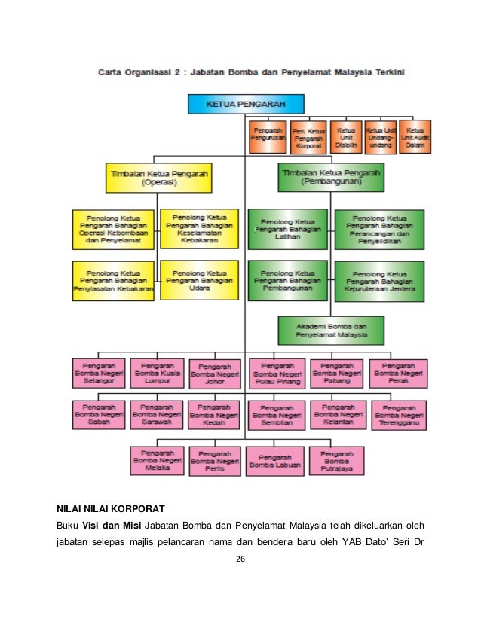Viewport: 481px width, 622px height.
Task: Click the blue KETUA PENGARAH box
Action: (x=245, y=103)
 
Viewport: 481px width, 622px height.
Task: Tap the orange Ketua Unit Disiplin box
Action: (x=346, y=136)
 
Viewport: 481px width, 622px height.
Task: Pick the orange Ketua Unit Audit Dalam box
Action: (x=415, y=136)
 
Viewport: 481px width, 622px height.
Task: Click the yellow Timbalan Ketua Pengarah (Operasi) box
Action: (x=158, y=177)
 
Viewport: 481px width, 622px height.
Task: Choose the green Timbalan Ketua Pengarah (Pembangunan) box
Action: (x=331, y=177)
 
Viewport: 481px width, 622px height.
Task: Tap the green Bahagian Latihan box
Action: (x=285, y=227)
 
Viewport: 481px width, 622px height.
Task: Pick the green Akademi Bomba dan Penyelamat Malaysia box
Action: (x=331, y=329)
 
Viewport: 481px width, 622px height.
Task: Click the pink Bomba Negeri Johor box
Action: (x=215, y=374)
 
